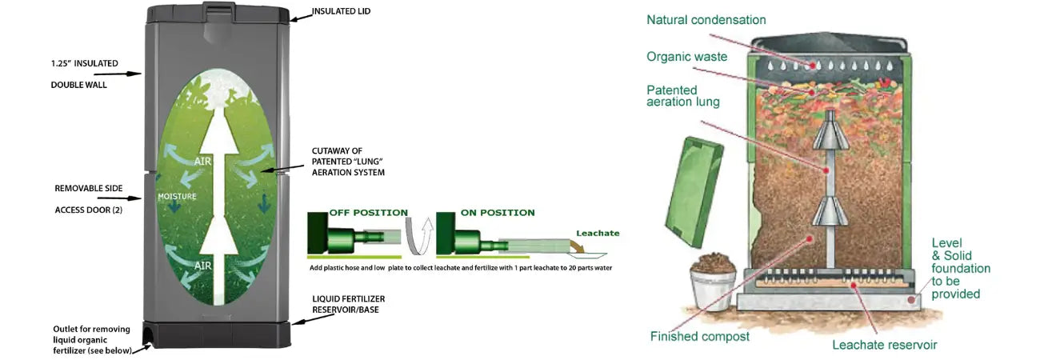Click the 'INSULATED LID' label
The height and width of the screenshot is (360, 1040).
pos(342,12)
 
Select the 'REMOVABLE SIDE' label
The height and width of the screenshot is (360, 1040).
pos(89,188)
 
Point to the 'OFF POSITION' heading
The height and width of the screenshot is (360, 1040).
pos(369,213)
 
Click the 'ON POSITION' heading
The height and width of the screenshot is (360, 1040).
pos(498,213)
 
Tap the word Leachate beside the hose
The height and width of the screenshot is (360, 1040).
pos(598,234)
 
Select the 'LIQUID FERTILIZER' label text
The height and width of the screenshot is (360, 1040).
pos(348,298)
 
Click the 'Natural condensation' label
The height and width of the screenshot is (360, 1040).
pos(706,20)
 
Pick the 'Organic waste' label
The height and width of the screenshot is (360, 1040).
pos(686,57)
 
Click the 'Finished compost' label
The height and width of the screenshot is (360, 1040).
pos(699,337)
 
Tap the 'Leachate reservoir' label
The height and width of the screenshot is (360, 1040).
pos(884,345)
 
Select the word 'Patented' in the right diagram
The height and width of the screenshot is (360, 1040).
pos(672,90)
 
